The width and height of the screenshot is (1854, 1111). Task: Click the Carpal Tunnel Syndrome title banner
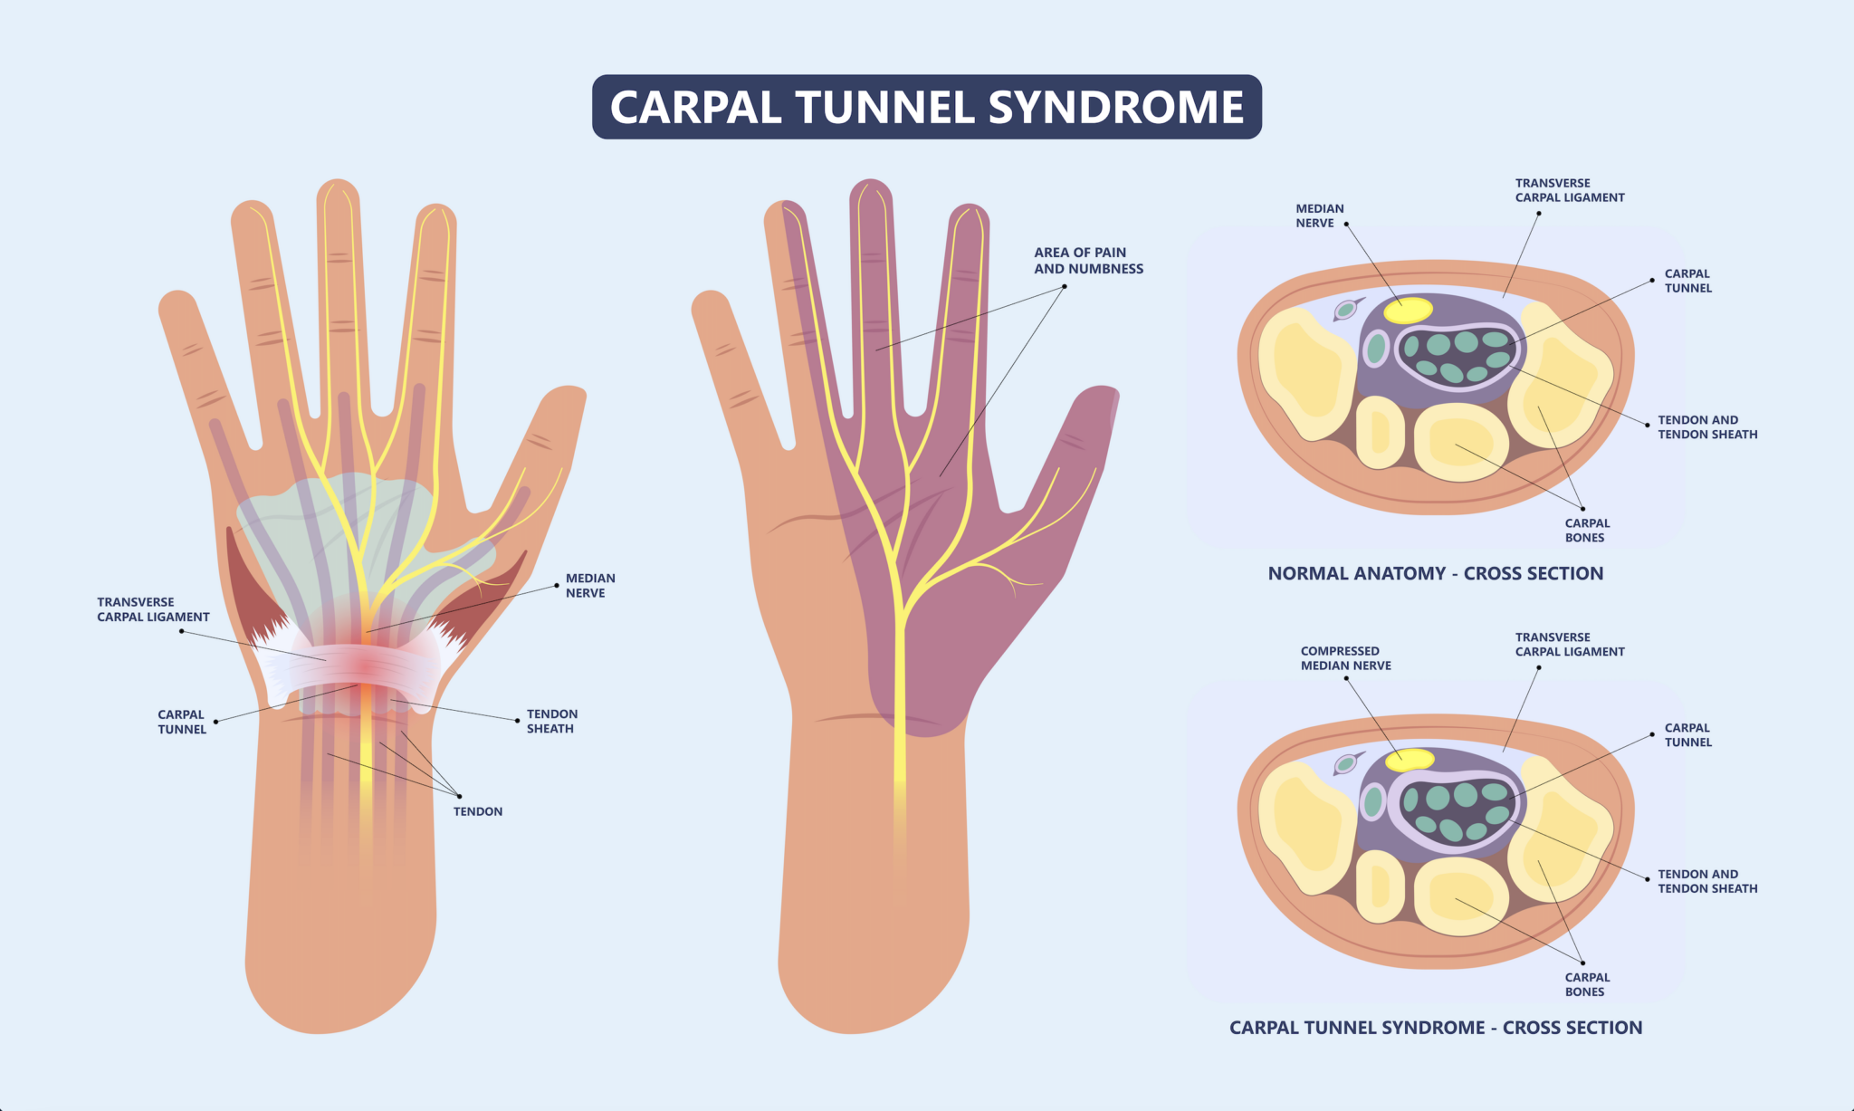(x=926, y=107)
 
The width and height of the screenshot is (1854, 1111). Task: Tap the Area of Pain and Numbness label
(x=1088, y=261)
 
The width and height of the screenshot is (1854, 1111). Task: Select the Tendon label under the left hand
(x=478, y=811)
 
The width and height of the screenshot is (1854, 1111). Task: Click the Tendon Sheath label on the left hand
(x=551, y=722)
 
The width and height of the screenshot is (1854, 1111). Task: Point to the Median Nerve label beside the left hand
(x=590, y=586)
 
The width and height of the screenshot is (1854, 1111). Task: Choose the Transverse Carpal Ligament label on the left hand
(x=153, y=609)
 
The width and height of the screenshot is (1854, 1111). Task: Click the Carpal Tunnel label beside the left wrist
(x=181, y=722)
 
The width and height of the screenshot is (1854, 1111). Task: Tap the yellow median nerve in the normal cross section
(x=1408, y=310)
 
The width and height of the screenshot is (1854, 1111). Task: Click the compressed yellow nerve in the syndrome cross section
(x=1410, y=759)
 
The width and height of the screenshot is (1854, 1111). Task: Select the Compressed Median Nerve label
(x=1345, y=658)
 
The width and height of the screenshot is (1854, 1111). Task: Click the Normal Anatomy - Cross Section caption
(x=1435, y=573)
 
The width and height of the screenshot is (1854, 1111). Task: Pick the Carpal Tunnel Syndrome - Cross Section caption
(x=1435, y=1028)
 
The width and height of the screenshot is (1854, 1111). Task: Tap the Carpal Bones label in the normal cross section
(x=1587, y=531)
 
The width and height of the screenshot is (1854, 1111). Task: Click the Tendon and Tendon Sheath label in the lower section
(x=1707, y=882)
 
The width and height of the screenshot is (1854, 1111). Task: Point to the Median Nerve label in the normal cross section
(x=1319, y=215)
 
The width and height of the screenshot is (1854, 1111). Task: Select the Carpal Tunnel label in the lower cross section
(x=1687, y=735)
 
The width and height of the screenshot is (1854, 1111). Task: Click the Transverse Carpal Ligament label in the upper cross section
(x=1570, y=190)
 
